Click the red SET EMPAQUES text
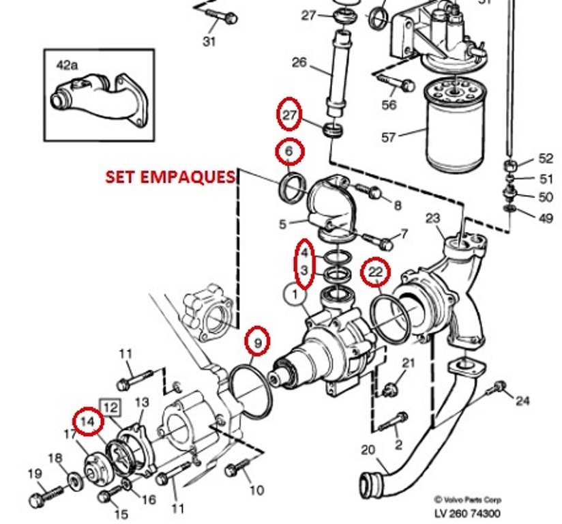[x=170, y=177]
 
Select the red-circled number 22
[x=375, y=272]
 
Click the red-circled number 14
[x=87, y=421]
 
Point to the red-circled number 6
[x=289, y=152]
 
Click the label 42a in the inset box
[x=68, y=65]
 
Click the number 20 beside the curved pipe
[x=368, y=450]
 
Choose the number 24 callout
[x=522, y=401]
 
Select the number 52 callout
[x=546, y=159]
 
